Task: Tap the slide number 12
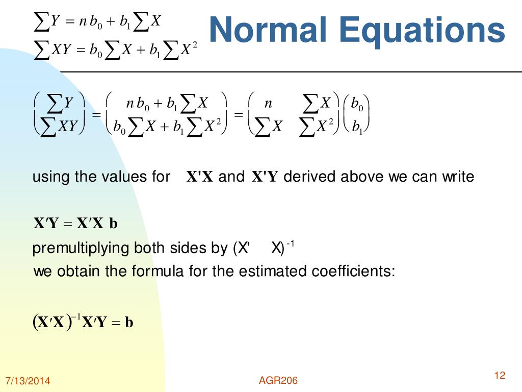[500, 376]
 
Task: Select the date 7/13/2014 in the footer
[28, 381]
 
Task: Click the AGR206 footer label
[278, 380]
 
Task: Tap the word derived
[309, 177]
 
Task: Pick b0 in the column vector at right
[357, 104]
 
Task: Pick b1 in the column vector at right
[357, 126]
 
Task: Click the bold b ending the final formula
[129, 322]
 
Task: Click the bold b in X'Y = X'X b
[113, 224]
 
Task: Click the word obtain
[79, 271]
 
